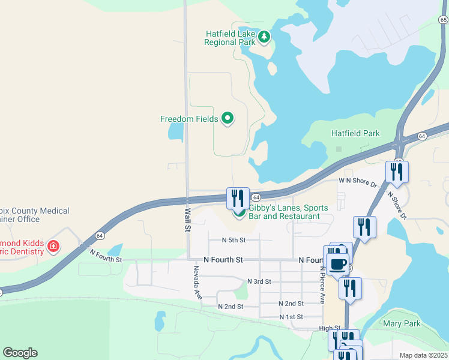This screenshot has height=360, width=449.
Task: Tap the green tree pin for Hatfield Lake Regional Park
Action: (264, 37)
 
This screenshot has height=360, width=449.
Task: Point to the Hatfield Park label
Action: (355, 133)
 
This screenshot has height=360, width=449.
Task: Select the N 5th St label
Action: (234, 240)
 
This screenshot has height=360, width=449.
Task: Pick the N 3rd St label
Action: (259, 281)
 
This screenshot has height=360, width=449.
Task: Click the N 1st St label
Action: (291, 316)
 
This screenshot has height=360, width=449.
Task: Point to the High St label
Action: (330, 328)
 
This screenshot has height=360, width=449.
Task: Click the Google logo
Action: (20, 353)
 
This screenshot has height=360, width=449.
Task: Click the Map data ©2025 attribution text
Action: (423, 355)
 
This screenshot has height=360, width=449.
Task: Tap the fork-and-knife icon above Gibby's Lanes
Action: (238, 197)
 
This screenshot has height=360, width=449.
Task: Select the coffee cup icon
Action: (337, 263)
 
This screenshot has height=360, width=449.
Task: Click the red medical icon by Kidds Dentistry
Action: (53, 246)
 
